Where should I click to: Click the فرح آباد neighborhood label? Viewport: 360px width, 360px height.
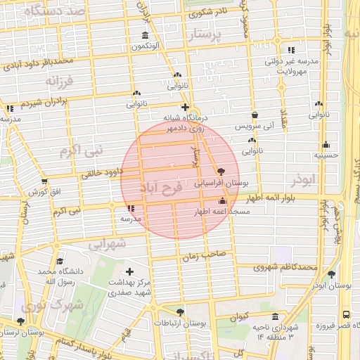point(161,188)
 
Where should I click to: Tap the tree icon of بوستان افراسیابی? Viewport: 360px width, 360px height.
point(221,172)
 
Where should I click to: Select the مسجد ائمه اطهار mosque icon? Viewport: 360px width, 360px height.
point(223,202)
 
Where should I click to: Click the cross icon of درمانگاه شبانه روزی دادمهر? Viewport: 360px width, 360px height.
point(184,108)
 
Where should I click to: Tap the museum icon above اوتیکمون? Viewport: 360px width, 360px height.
point(145,36)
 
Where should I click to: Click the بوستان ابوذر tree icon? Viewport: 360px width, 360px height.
point(331,275)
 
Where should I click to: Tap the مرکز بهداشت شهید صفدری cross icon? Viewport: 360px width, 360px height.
point(129,271)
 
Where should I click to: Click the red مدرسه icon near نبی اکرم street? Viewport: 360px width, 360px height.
point(131,209)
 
